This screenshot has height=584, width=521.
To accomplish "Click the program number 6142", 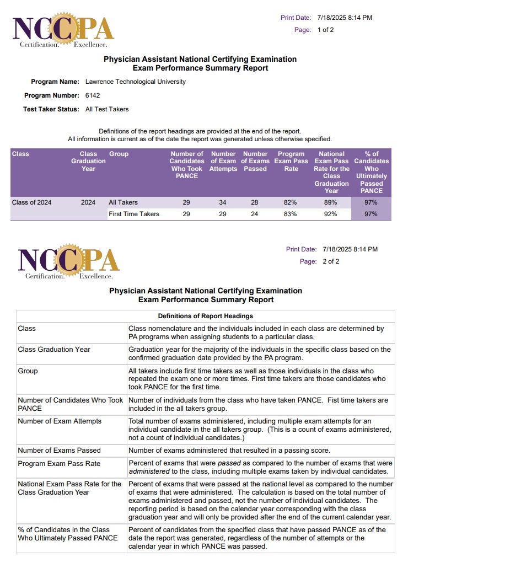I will coord(93,95).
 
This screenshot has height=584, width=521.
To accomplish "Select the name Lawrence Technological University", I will coord(136,82).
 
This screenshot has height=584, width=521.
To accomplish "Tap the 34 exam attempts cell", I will coord(223,202).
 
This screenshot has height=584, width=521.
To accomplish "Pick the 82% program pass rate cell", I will coord(291,202).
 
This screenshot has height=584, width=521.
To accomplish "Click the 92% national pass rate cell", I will coord(331,214).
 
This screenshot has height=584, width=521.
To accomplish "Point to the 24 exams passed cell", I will coord(255,214).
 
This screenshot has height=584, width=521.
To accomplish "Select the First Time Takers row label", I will coord(134,214).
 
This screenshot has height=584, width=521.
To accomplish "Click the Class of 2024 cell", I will coord(32,202).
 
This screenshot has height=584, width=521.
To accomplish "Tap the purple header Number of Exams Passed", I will coord(255,162).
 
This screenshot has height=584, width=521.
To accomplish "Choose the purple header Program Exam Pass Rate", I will coord(291,162).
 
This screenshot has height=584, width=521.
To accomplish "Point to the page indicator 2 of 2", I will coord(331,261).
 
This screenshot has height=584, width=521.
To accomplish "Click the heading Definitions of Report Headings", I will coord(206,316).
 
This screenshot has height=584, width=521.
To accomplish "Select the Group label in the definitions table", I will coord(28,371).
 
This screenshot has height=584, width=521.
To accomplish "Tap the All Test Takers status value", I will coord(107,109).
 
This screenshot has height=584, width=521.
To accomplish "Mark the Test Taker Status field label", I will coord(51,109).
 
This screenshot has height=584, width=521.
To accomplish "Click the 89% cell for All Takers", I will coord(331,202).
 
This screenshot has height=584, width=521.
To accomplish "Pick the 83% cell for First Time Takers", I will coord(291,214).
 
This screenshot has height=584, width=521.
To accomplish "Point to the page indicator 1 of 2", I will coord(325,30).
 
